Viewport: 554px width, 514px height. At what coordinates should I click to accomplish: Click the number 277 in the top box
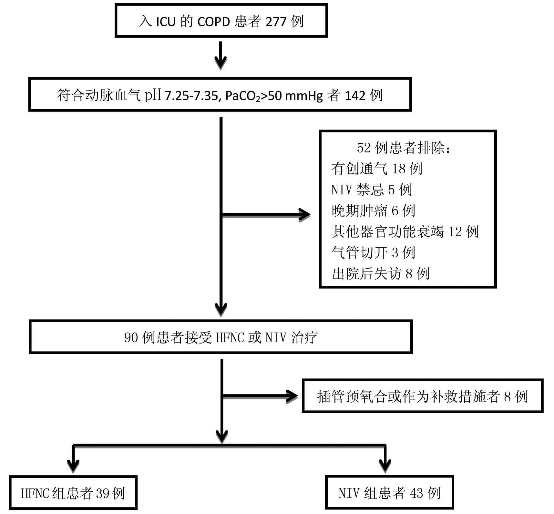pos(276,22)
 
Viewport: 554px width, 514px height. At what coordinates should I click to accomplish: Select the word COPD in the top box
pos(213,22)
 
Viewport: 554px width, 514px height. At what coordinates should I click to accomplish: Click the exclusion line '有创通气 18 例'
pos(376,169)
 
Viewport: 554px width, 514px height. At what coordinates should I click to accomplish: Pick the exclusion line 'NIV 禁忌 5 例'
pos(371,190)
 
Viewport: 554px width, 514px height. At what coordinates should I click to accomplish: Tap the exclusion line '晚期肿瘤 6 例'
pos(373,211)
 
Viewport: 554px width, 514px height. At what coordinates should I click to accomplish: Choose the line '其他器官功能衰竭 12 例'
pos(405,231)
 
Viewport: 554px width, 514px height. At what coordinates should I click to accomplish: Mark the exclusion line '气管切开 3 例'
pos(373,252)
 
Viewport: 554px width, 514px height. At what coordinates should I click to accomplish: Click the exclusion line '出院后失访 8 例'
pos(380,273)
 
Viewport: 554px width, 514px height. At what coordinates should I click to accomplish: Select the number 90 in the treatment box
pos(131,338)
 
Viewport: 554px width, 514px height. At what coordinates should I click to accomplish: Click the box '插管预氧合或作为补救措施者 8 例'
pos(422,396)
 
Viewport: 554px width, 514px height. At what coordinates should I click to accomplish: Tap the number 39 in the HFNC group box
pos(103,493)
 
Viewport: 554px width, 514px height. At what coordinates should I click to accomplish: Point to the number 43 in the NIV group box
pos(416,493)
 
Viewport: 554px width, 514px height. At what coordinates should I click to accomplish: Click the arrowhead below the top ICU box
pos(221,63)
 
